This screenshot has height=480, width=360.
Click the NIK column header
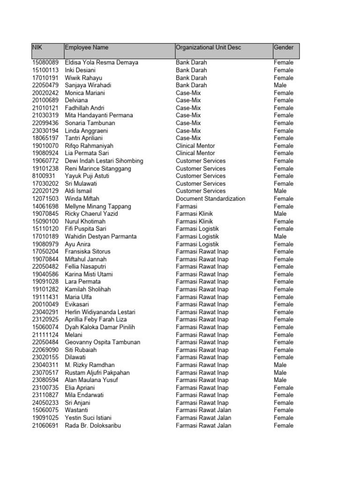pyautogui.click(x=37, y=47)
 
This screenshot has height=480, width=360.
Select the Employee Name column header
pyautogui.click(x=87, y=47)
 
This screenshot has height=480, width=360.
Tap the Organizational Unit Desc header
pyautogui.click(x=208, y=47)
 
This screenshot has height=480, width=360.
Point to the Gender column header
pyautogui.click(x=284, y=47)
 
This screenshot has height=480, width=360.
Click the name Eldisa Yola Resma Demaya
pyautogui.click(x=101, y=62)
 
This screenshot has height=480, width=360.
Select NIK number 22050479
pyautogui.click(x=45, y=85)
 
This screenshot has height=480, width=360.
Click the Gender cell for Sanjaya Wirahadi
pyautogui.click(x=280, y=85)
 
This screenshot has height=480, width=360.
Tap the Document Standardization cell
pyautogui.click(x=210, y=199)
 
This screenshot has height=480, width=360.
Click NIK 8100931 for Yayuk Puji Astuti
pyautogui.click(x=44, y=176)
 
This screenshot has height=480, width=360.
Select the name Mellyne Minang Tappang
pyautogui.click(x=98, y=206)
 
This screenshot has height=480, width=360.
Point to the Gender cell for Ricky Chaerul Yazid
pyautogui.click(x=280, y=214)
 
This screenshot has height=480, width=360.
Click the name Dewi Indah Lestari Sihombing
pyautogui.click(x=104, y=161)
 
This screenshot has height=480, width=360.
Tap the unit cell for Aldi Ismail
pyautogui.click(x=201, y=191)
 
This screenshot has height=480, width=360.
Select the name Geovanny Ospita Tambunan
pyautogui.click(x=103, y=342)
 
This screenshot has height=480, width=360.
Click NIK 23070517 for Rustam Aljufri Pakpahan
pyautogui.click(x=45, y=373)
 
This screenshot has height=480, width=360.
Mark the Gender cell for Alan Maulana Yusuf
pyautogui.click(x=280, y=380)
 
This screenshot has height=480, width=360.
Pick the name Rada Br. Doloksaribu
pyautogui.click(x=93, y=426)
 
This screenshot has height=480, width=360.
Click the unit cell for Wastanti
pyautogui.click(x=203, y=410)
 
